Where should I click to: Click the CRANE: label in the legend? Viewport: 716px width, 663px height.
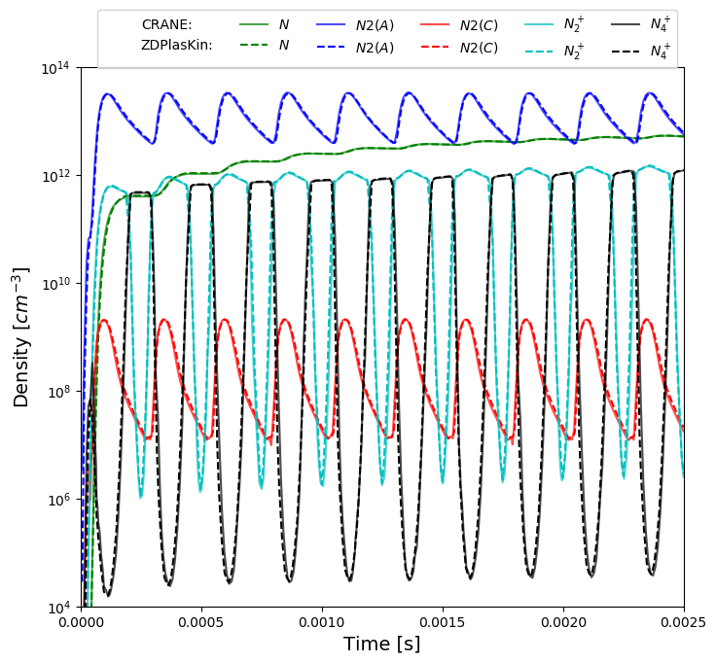(166, 25)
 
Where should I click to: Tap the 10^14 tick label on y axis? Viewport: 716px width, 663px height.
(54, 68)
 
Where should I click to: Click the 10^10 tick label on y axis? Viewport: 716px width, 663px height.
(54, 284)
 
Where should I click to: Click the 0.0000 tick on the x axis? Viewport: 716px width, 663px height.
(81, 622)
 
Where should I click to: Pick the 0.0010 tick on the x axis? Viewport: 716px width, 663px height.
(322, 622)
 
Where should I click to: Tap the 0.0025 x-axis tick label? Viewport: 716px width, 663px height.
(683, 622)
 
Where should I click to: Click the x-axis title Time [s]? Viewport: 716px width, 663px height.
(381, 645)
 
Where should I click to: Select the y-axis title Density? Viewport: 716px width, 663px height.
(21, 336)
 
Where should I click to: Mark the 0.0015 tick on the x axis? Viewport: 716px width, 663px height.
(443, 622)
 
